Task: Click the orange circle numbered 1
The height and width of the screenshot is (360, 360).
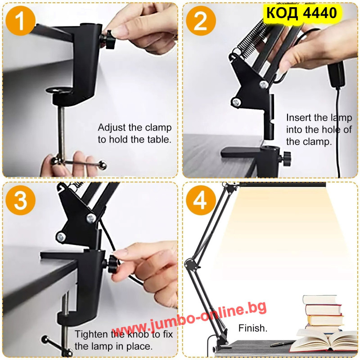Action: [x=20, y=21]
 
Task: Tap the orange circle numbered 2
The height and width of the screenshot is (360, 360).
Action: [x=201, y=21]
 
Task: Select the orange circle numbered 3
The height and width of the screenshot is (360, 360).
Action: [x=20, y=200]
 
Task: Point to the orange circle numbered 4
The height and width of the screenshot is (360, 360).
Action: [x=201, y=200]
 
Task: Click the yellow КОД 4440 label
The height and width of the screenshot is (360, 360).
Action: [x=301, y=13]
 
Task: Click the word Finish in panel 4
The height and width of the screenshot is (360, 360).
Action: [x=253, y=328]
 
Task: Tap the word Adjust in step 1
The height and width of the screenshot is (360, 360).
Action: [x=112, y=128]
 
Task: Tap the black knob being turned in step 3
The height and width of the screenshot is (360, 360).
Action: [x=113, y=264]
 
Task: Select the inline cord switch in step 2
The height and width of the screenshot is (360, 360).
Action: [x=337, y=75]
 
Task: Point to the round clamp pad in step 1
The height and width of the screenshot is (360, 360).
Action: [x=59, y=90]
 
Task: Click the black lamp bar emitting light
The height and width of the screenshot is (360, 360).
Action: [x=283, y=184]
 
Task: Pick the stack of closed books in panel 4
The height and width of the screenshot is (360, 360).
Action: [x=323, y=312]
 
